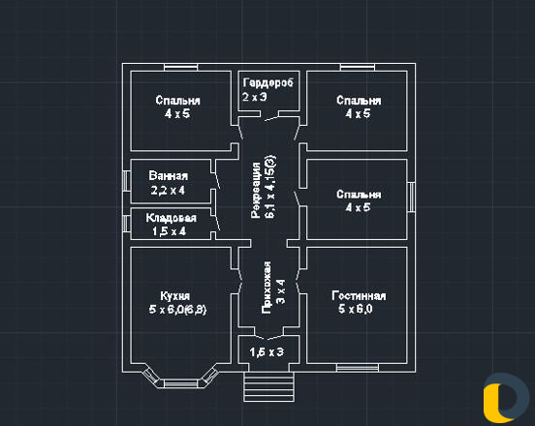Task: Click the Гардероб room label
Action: pyautogui.click(x=268, y=83)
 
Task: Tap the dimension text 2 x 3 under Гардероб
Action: pyautogui.click(x=255, y=97)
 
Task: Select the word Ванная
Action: pyautogui.click(x=169, y=176)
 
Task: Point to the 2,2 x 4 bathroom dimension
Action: pyautogui.click(x=168, y=190)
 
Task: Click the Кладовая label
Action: pyautogui.click(x=171, y=218)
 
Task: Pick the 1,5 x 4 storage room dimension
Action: pyautogui.click(x=170, y=231)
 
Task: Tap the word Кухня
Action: pyautogui.click(x=174, y=296)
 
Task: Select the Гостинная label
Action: pyautogui.click(x=359, y=296)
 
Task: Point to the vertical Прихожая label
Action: pyautogui.click(x=267, y=288)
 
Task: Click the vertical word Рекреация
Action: pyautogui.click(x=256, y=190)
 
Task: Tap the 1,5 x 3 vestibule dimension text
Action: pyautogui.click(x=267, y=352)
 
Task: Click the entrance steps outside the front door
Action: pyautogui.click(x=268, y=387)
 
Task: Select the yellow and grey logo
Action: pyautogui.click(x=506, y=398)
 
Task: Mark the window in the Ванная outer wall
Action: pyautogui.click(x=127, y=180)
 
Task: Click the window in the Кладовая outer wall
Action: pyautogui.click(x=127, y=224)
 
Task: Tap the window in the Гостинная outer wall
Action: pyautogui.click(x=358, y=368)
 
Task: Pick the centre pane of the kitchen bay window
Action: pyautogui.click(x=181, y=383)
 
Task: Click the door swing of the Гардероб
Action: pyautogui.click(x=271, y=118)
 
